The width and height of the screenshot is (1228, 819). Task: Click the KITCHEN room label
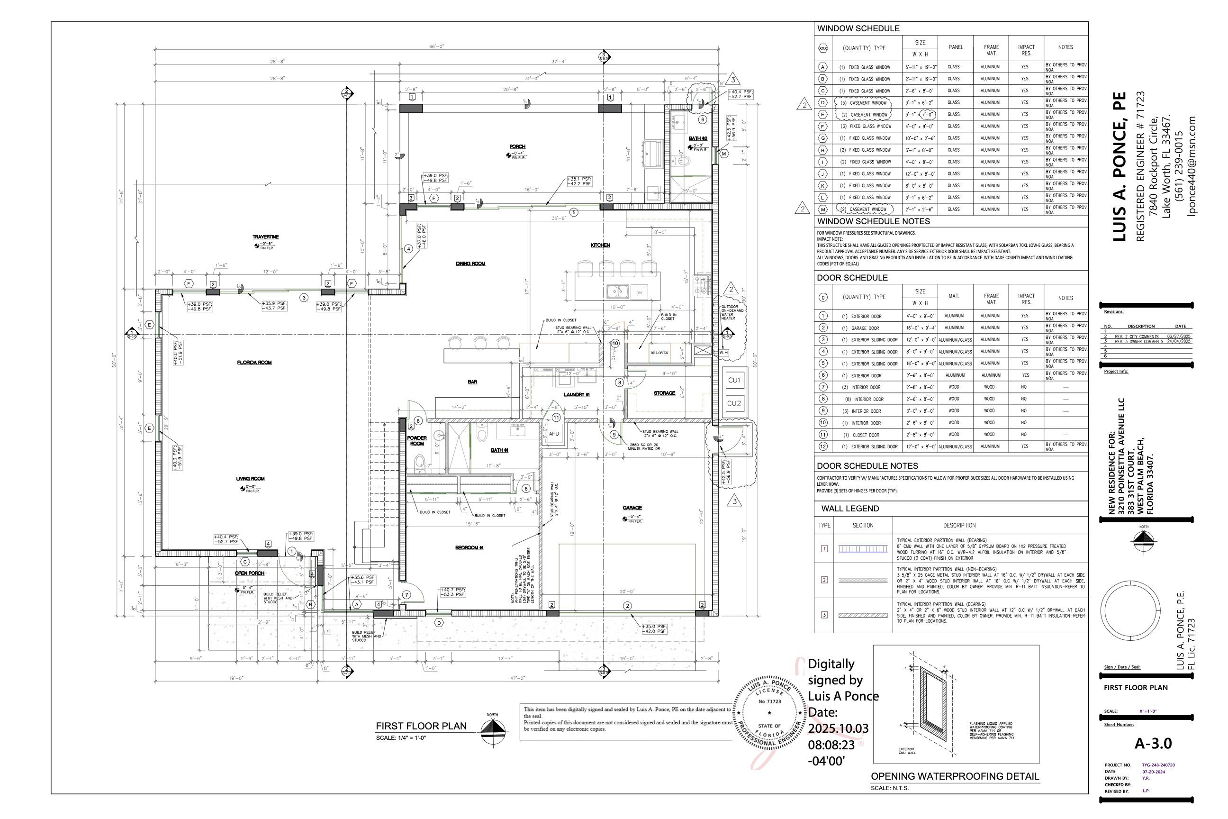click(600, 245)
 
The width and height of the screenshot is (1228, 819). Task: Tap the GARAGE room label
click(632, 508)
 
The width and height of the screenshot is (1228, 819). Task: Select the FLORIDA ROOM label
click(254, 363)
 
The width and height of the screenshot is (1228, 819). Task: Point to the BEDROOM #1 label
click(470, 547)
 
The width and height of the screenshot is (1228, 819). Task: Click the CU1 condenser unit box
click(734, 380)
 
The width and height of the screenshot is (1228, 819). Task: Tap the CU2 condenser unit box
click(734, 403)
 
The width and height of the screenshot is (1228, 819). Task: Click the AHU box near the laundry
click(554, 434)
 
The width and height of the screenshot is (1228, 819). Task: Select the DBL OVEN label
click(659, 353)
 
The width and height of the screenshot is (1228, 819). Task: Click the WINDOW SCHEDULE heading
click(858, 29)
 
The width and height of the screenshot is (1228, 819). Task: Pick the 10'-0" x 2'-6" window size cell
click(920, 138)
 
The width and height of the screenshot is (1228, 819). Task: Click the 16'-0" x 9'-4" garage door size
click(920, 328)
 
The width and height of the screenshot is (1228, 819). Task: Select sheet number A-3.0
click(1153, 743)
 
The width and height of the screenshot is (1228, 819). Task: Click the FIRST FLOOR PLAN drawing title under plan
click(421, 726)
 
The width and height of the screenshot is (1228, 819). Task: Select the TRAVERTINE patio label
click(266, 237)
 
